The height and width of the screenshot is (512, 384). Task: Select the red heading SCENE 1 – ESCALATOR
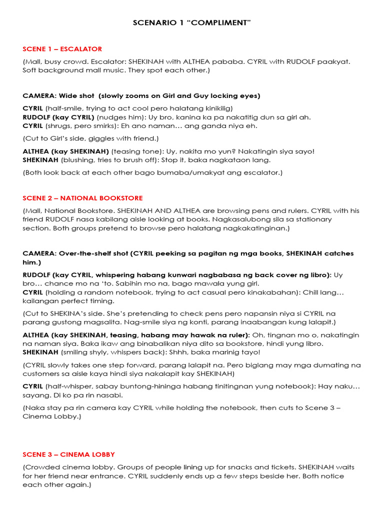pyautogui.click(x=62, y=49)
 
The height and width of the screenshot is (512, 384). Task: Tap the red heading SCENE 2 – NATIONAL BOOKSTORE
pyautogui.click(x=82, y=198)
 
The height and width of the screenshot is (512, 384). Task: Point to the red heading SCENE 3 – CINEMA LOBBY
pyautogui.click(x=68, y=454)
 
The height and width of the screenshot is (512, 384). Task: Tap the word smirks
pyautogui.click(x=112, y=126)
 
